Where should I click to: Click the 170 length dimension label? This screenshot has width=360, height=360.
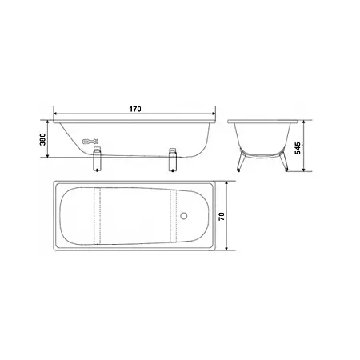pyautogui.click(x=135, y=109)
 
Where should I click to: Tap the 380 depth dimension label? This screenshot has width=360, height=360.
pyautogui.click(x=42, y=139)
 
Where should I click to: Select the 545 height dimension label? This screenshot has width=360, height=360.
pyautogui.click(x=298, y=148)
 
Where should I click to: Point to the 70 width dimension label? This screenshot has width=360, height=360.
pyautogui.click(x=222, y=216)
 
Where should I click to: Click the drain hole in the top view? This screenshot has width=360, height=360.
pyautogui.click(x=184, y=216)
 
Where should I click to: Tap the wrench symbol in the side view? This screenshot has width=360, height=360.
pyautogui.click(x=90, y=142)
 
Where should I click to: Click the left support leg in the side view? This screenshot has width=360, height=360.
pyautogui.click(x=97, y=159)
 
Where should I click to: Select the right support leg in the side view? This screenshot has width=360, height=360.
pyautogui.click(x=173, y=159)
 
